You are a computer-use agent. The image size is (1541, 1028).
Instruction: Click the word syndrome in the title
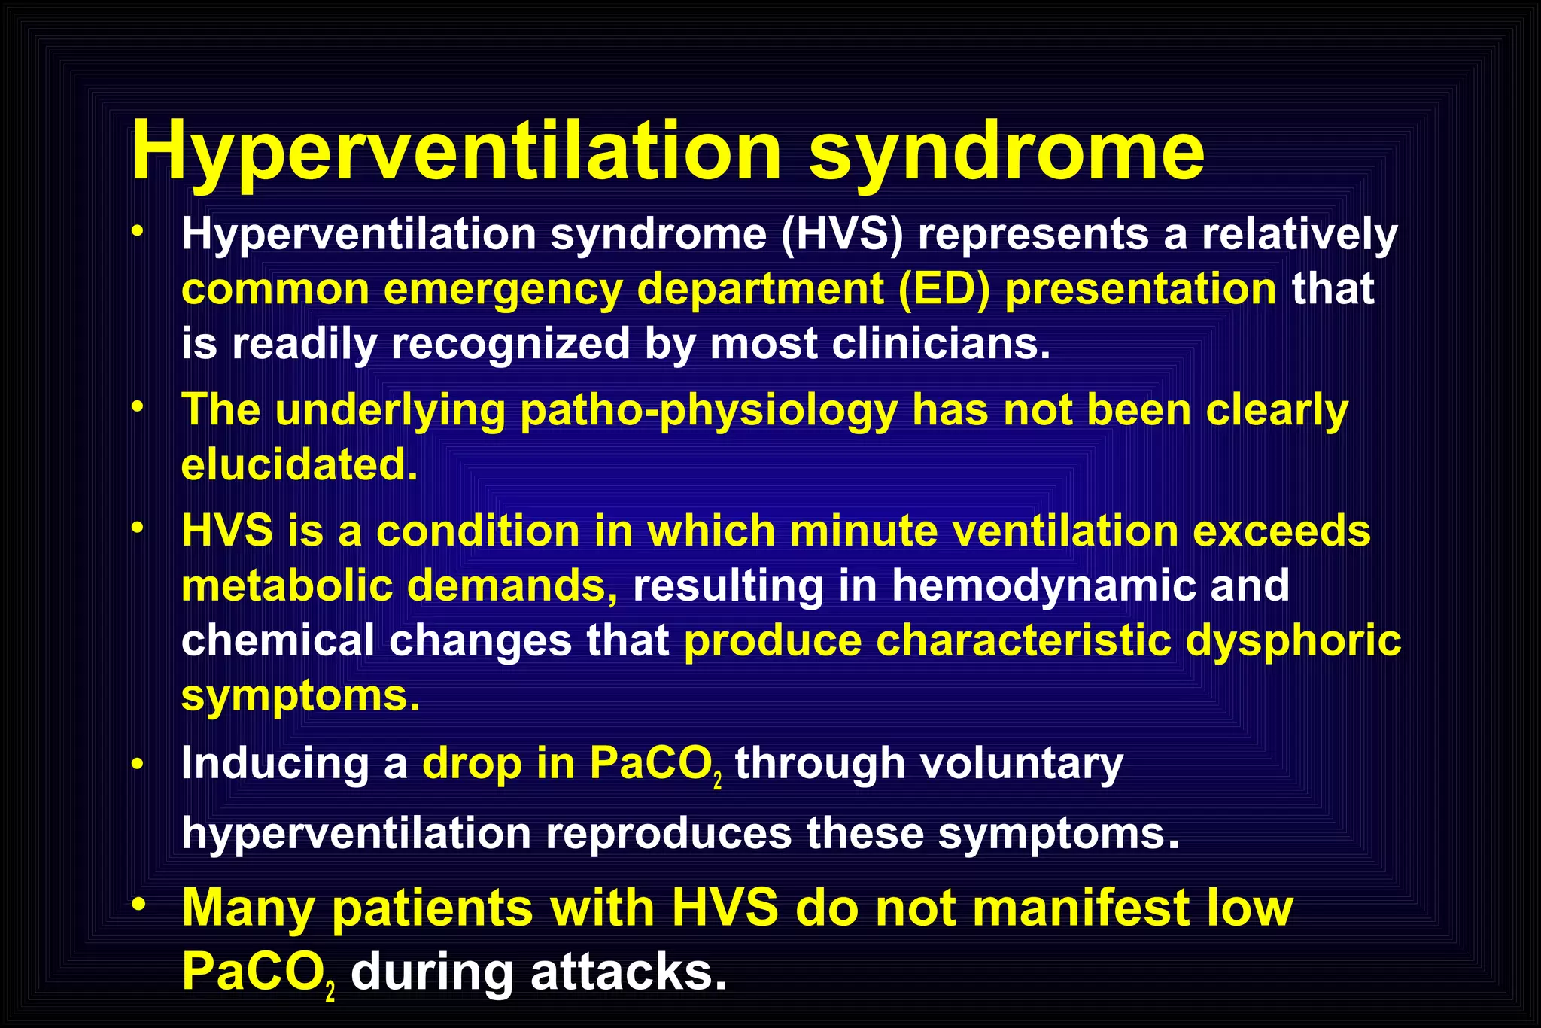pyautogui.click(x=1007, y=153)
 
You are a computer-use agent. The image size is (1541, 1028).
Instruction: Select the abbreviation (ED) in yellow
pyautogui.click(x=944, y=290)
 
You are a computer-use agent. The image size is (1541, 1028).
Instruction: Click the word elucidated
pyautogui.click(x=299, y=465)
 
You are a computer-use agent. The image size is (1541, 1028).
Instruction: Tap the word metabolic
pyautogui.click(x=287, y=586)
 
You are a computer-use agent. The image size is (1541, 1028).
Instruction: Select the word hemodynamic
pyautogui.click(x=1044, y=586)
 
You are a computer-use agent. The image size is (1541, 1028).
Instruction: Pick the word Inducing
pyautogui.click(x=275, y=764)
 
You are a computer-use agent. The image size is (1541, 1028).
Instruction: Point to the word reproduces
pyautogui.click(x=668, y=834)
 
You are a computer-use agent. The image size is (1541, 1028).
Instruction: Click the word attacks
pyautogui.click(x=628, y=972)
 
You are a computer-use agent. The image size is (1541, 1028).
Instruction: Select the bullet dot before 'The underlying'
pyautogui.click(x=136, y=407)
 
